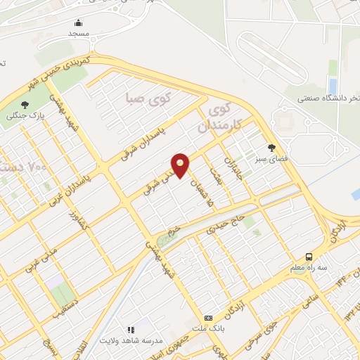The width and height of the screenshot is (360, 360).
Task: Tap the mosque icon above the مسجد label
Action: pyautogui.click(x=78, y=22)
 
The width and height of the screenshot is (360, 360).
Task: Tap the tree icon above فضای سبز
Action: pyautogui.click(x=271, y=147)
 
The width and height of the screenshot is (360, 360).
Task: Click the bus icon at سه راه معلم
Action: pyautogui.click(x=309, y=257)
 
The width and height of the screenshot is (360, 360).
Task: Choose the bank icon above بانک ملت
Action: pyautogui.click(x=207, y=318)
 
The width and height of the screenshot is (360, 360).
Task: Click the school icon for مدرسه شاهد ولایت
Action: pyautogui.click(x=130, y=329)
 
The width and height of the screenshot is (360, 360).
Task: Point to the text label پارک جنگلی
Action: pyautogui.click(x=37, y=115)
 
